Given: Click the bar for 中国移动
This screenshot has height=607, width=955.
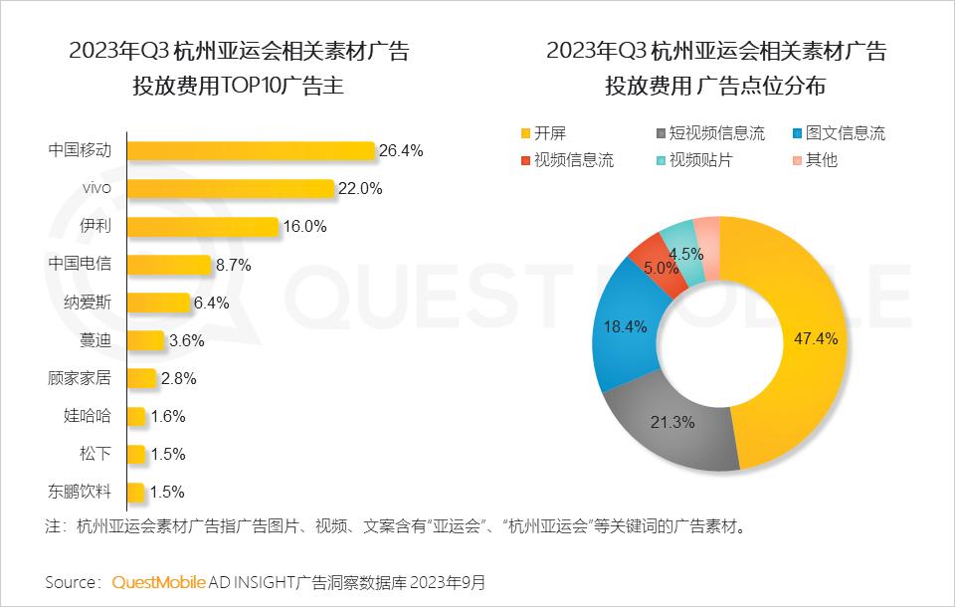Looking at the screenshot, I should (251, 151).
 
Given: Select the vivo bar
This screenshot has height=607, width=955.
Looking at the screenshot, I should (231, 189).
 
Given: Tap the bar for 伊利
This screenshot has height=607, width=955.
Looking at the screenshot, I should (203, 227).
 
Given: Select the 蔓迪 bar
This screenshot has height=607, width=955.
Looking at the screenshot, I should (145, 340).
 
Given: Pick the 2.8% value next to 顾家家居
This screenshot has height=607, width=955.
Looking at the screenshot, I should (178, 378).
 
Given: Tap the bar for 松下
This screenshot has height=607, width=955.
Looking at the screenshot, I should (136, 454).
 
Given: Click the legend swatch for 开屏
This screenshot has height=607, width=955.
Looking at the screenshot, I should (524, 133).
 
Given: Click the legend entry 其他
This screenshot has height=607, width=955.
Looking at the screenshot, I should (821, 159).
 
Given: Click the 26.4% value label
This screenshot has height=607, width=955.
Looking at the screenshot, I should (402, 151).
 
